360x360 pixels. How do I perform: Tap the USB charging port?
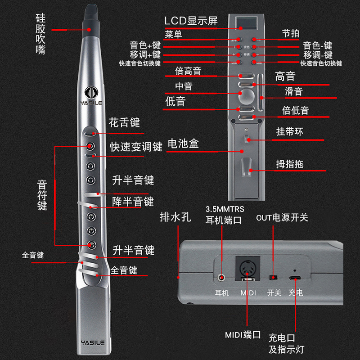coord(295,278)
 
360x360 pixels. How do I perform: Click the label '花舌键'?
coord(124,122)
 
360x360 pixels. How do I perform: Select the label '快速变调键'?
coord(136,147)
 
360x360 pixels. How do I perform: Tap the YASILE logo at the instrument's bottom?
coord(92,342)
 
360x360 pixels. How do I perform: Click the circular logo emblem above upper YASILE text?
coord(92,92)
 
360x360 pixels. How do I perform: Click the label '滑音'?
coord(294,91)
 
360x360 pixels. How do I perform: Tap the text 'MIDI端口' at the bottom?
coord(243,335)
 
